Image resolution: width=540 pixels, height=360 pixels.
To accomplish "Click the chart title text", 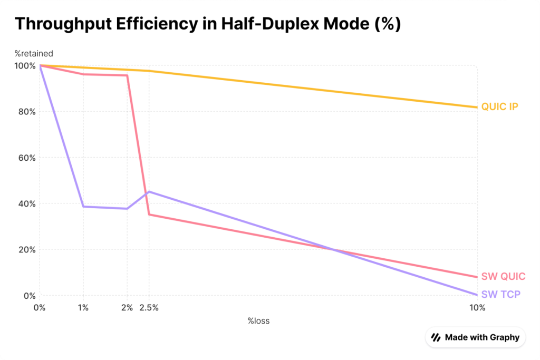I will [207, 24].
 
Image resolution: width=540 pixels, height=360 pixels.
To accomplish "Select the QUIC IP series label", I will [499, 107].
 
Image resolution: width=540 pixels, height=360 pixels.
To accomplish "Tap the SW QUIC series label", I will [503, 276].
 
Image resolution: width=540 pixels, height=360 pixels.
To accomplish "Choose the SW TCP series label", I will [500, 294].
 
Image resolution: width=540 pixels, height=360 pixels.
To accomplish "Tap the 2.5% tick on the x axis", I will [149, 308].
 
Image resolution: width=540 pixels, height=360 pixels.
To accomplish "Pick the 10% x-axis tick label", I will [477, 308].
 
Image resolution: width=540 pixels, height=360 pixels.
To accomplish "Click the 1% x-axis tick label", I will [83, 308].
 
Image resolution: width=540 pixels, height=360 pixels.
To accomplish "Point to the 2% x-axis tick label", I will [127, 308].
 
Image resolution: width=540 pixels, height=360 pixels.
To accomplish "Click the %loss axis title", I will [258, 320].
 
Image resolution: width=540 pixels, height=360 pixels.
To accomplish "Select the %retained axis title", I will [34, 53].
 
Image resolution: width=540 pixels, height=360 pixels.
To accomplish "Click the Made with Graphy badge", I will [476, 337].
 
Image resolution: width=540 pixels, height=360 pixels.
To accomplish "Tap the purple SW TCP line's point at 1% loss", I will [83, 207].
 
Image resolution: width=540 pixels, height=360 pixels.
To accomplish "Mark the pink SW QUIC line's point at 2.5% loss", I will [149, 215].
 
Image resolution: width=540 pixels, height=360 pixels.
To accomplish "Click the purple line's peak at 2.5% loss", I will [149, 192].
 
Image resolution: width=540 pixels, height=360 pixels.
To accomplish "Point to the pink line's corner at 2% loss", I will [127, 75].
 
